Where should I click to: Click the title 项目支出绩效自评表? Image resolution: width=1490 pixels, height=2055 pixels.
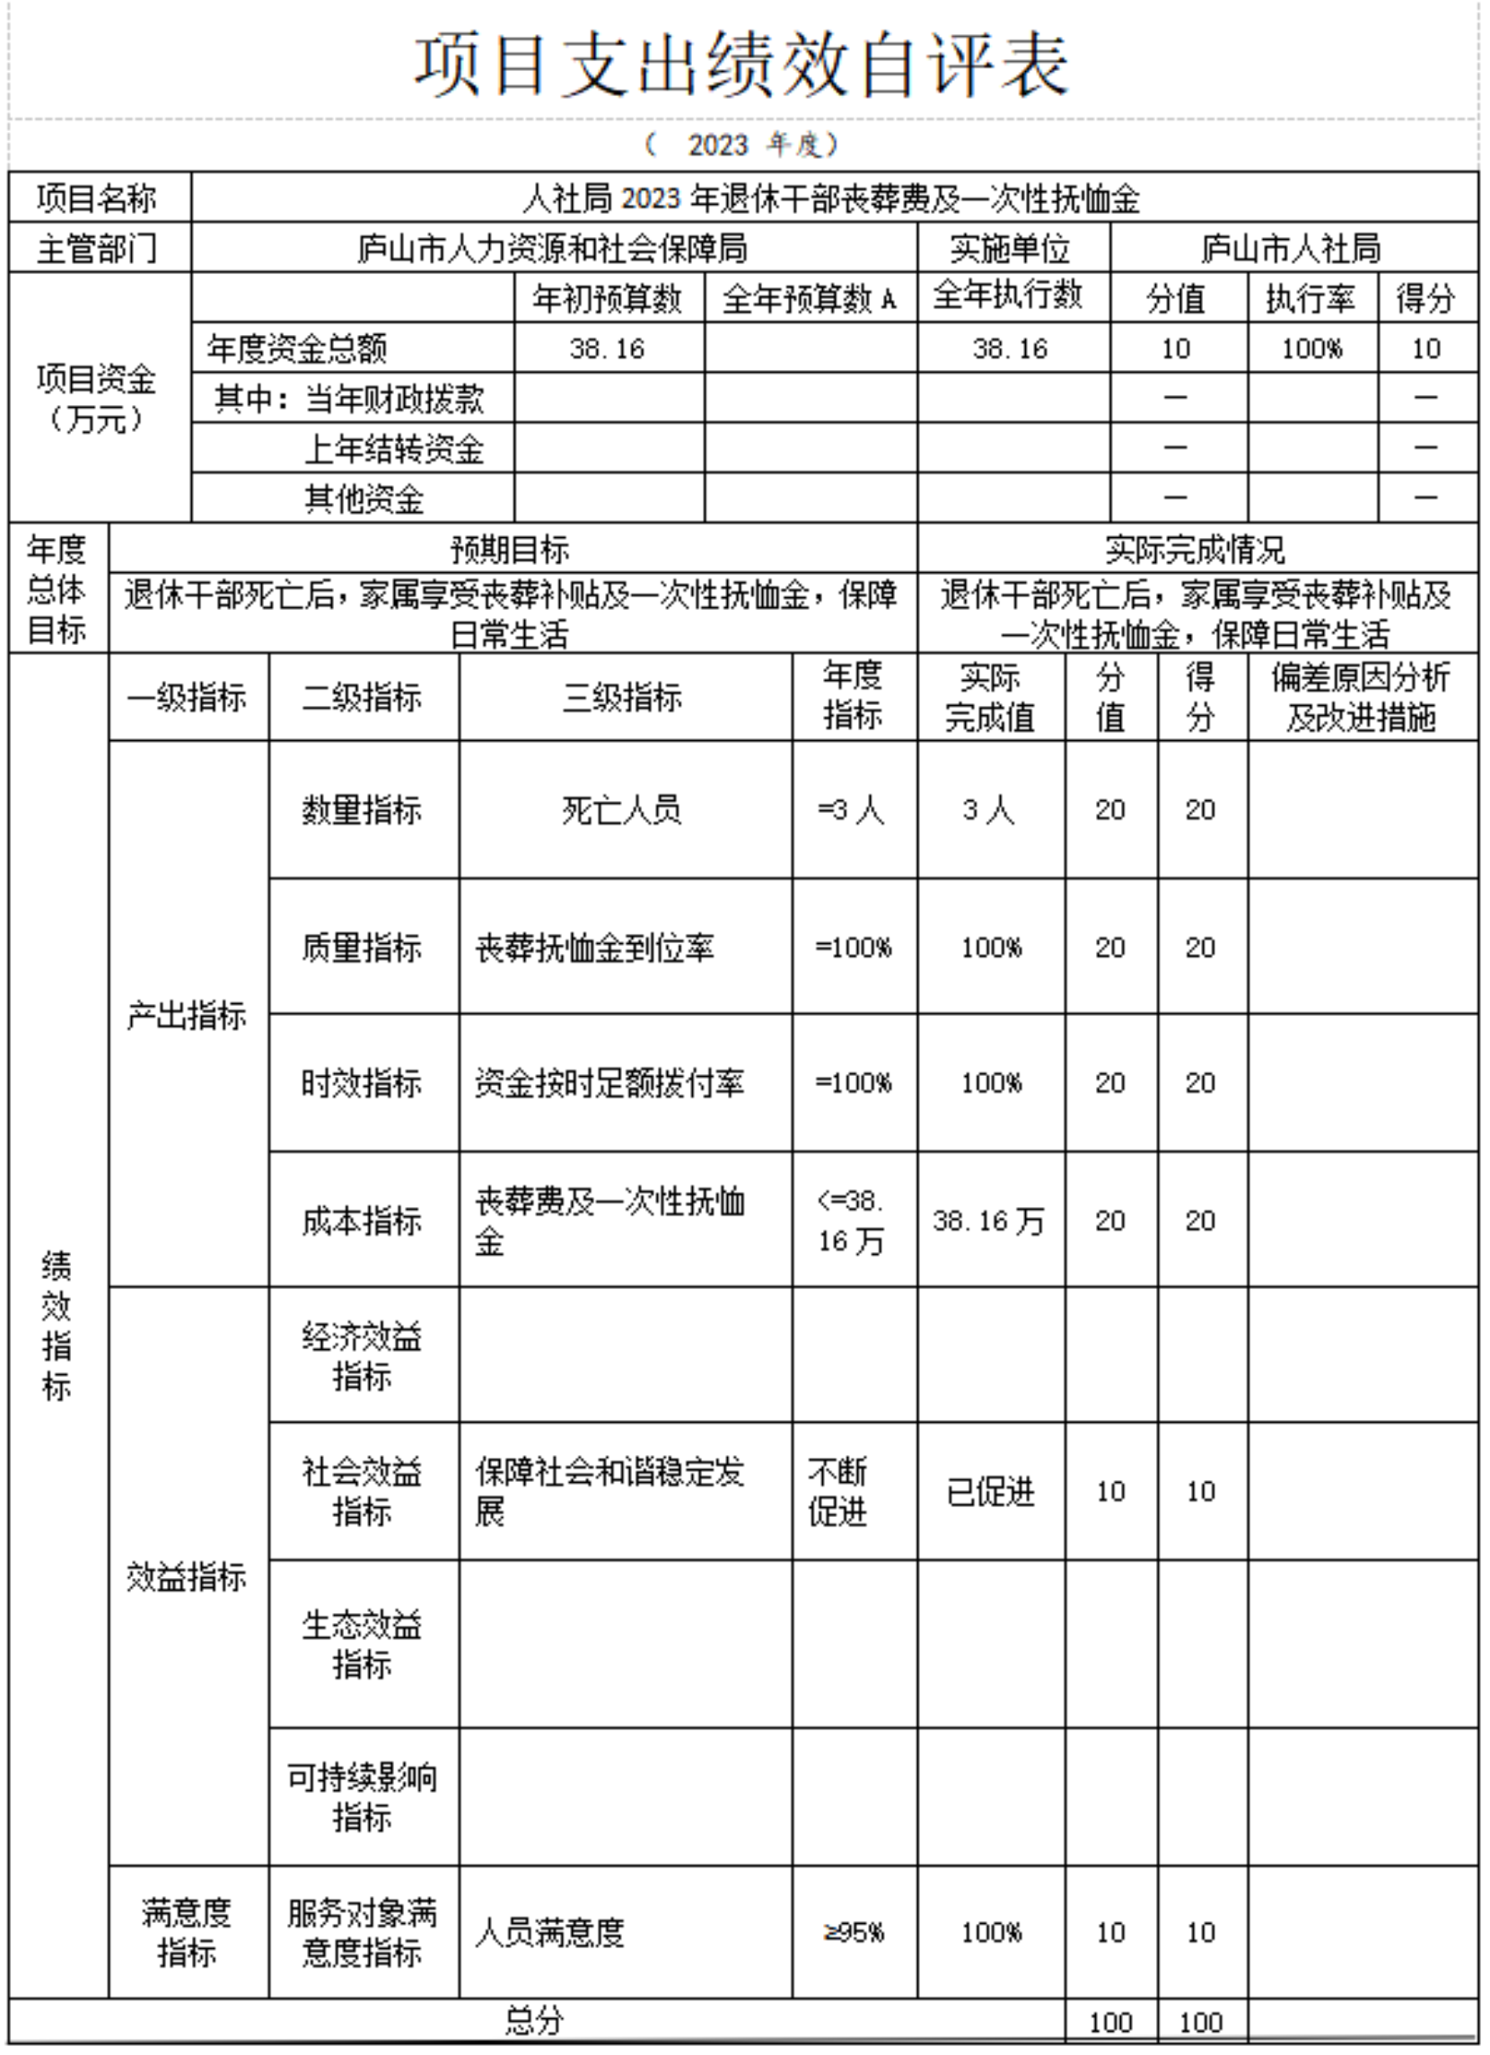point(742,66)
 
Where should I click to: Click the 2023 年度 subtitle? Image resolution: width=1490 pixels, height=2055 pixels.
point(742,145)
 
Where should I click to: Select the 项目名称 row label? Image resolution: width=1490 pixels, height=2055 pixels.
point(98,198)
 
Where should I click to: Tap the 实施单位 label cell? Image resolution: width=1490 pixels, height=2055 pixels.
point(1012,248)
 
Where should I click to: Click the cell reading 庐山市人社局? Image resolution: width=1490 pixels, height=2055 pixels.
point(1293,248)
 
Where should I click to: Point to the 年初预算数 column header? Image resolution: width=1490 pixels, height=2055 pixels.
point(608,298)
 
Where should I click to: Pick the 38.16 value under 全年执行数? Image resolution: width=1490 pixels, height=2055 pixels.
point(1011,348)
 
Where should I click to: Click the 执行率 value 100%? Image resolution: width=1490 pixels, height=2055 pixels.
point(1311,348)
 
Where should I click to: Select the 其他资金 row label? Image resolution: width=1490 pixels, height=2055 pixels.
point(364,498)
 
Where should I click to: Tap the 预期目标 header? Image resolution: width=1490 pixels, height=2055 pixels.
point(511,549)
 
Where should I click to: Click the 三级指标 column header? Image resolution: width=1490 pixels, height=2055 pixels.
point(623,698)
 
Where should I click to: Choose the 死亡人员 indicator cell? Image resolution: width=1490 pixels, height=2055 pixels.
point(623,810)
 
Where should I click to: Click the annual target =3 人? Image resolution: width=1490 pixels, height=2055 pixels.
point(853,810)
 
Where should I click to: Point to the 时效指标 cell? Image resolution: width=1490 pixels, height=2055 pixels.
point(363,1084)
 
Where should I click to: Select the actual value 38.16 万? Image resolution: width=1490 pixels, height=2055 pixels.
point(989,1222)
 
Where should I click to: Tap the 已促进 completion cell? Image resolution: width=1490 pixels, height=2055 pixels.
point(991,1493)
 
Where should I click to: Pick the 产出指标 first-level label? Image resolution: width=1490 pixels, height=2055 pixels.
point(188,1016)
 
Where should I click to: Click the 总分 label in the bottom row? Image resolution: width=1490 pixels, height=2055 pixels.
point(535,2022)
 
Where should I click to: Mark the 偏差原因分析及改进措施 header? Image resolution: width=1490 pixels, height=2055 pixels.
point(1362,698)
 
